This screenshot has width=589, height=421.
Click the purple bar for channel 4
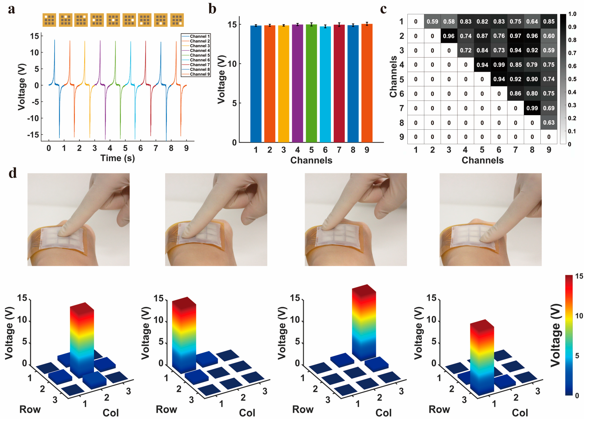pyautogui.click(x=297, y=83)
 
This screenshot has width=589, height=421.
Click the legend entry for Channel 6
pyautogui.click(x=199, y=60)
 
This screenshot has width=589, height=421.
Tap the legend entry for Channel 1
pyautogui.click(x=199, y=36)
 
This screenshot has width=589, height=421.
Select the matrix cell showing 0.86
pyautogui.click(x=515, y=94)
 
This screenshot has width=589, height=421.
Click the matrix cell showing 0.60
pyautogui.click(x=548, y=36)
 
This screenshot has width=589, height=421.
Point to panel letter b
pyautogui.click(x=212, y=9)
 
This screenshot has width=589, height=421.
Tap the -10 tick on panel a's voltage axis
pyautogui.click(x=33, y=118)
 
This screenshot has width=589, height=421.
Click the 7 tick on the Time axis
pyautogui.click(x=156, y=148)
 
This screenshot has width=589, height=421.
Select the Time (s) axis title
pyautogui.click(x=118, y=158)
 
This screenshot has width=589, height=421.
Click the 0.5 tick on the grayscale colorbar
pyautogui.click(x=572, y=79)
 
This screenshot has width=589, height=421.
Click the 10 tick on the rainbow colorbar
pyautogui.click(x=579, y=316)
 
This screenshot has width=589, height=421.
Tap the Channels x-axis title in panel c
pyautogui.click(x=482, y=160)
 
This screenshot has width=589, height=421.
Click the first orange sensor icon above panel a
pyautogui.click(x=49, y=20)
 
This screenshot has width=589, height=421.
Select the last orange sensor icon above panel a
pyautogui.click(x=177, y=20)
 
